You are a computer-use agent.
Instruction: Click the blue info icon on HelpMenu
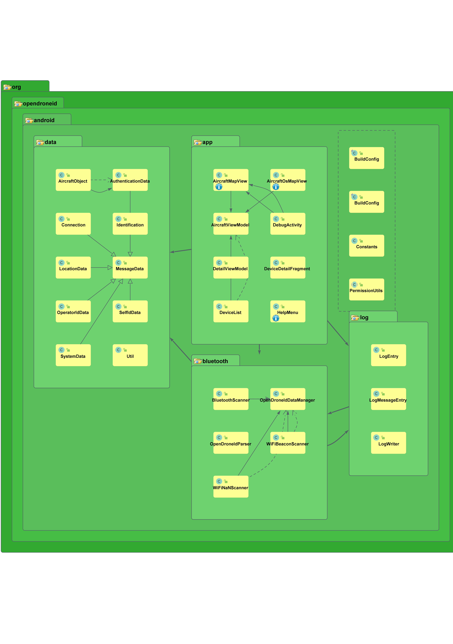coord(276,318)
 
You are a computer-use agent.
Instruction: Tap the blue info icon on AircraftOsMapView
coord(276,187)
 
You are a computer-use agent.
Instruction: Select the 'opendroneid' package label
coord(40,103)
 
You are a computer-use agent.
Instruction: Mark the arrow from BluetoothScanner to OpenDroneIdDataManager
coord(259,399)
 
